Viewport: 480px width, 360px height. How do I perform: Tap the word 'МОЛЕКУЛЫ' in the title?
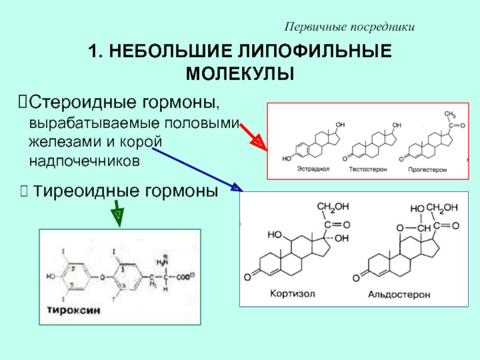[240, 74]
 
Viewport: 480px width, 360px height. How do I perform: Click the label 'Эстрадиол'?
[312, 170]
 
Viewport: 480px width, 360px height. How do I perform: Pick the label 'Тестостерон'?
[367, 170]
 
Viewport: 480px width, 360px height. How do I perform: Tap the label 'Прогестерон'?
[427, 170]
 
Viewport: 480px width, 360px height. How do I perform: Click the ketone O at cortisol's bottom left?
[247, 277]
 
